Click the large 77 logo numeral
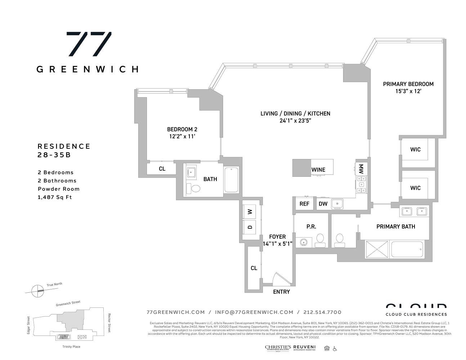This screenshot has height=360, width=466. point(89,44)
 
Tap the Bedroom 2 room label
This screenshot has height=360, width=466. point(182,129)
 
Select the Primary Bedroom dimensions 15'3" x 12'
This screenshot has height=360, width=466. point(408,91)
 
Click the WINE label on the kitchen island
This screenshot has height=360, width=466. point(318,170)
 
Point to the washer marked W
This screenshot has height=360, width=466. point(250,212)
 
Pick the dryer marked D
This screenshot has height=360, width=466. point(250,227)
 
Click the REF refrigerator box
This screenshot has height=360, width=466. point(304,204)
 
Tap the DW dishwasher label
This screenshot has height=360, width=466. point(323,204)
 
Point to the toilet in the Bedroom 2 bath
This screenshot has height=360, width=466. point(194,189)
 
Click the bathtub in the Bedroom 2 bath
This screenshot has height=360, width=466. point(231,180)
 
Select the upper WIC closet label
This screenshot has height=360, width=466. point(415,149)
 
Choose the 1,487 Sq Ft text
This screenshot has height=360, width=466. point(55,197)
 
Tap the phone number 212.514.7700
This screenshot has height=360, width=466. point(322,312)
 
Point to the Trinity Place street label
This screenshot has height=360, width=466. point(69,347)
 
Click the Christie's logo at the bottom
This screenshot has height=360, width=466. point(278,348)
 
